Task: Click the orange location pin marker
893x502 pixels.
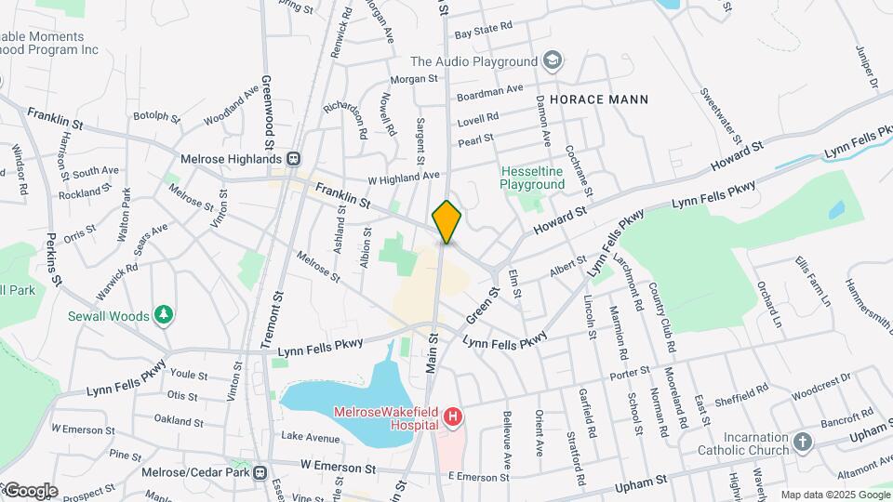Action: point(446,221)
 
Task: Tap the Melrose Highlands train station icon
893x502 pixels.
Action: point(293,159)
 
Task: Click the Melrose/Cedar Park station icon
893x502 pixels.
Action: point(260,472)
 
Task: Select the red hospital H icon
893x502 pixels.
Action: point(453,417)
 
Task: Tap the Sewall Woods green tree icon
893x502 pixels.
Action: point(164,316)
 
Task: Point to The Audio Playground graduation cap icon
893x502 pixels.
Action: point(553,61)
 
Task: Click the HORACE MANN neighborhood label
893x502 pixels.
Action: point(598,99)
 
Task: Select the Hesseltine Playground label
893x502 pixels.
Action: point(532,178)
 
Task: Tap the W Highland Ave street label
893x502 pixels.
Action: point(403,177)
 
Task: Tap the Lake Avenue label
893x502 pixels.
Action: point(311,437)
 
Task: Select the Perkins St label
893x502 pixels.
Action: point(53,258)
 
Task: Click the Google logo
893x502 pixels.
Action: point(30,491)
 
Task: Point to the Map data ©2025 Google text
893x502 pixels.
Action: point(833,495)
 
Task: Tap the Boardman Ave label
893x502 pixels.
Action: point(490,92)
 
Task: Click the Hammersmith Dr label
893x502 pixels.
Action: point(868,306)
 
